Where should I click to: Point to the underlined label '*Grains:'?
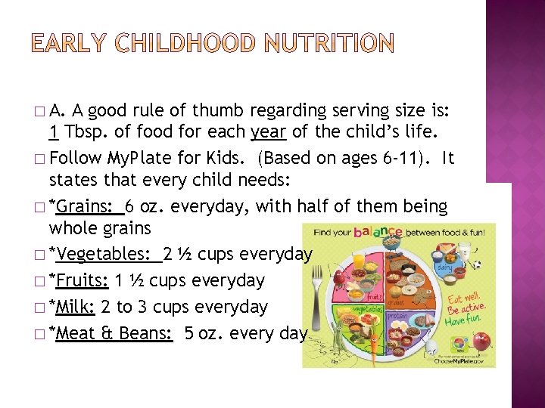point(84,206)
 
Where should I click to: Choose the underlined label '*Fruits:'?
point(79,280)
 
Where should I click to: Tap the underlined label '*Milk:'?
point(74,307)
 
